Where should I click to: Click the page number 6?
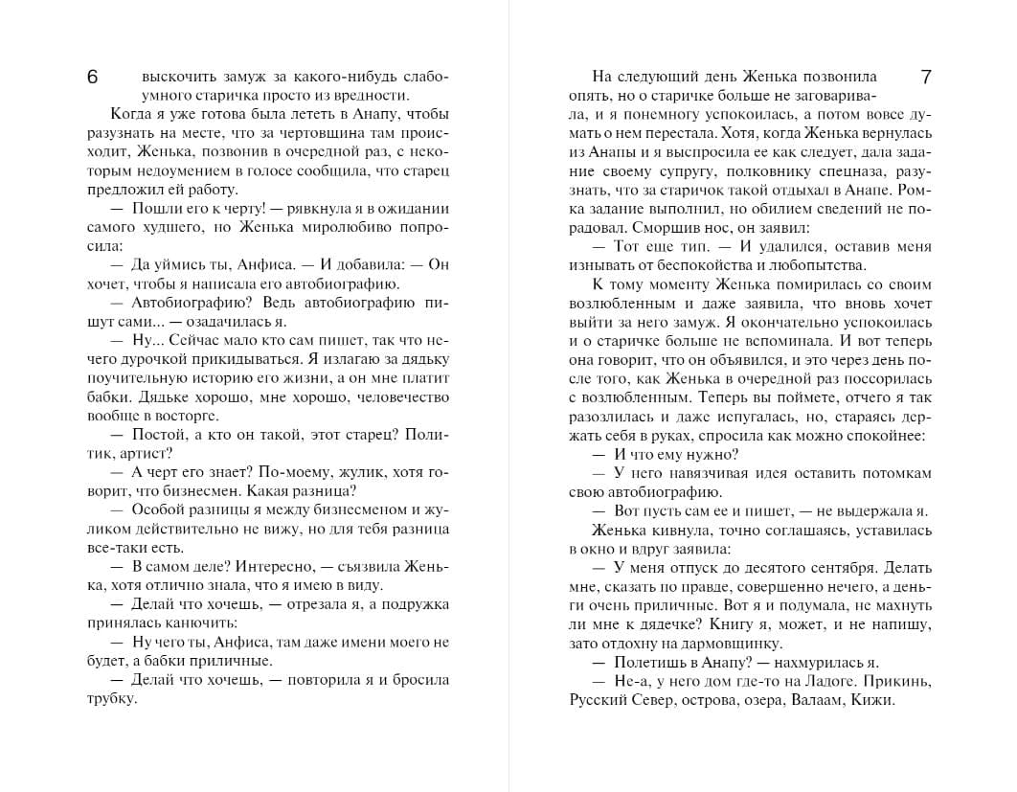92,78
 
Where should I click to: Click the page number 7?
925,76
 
